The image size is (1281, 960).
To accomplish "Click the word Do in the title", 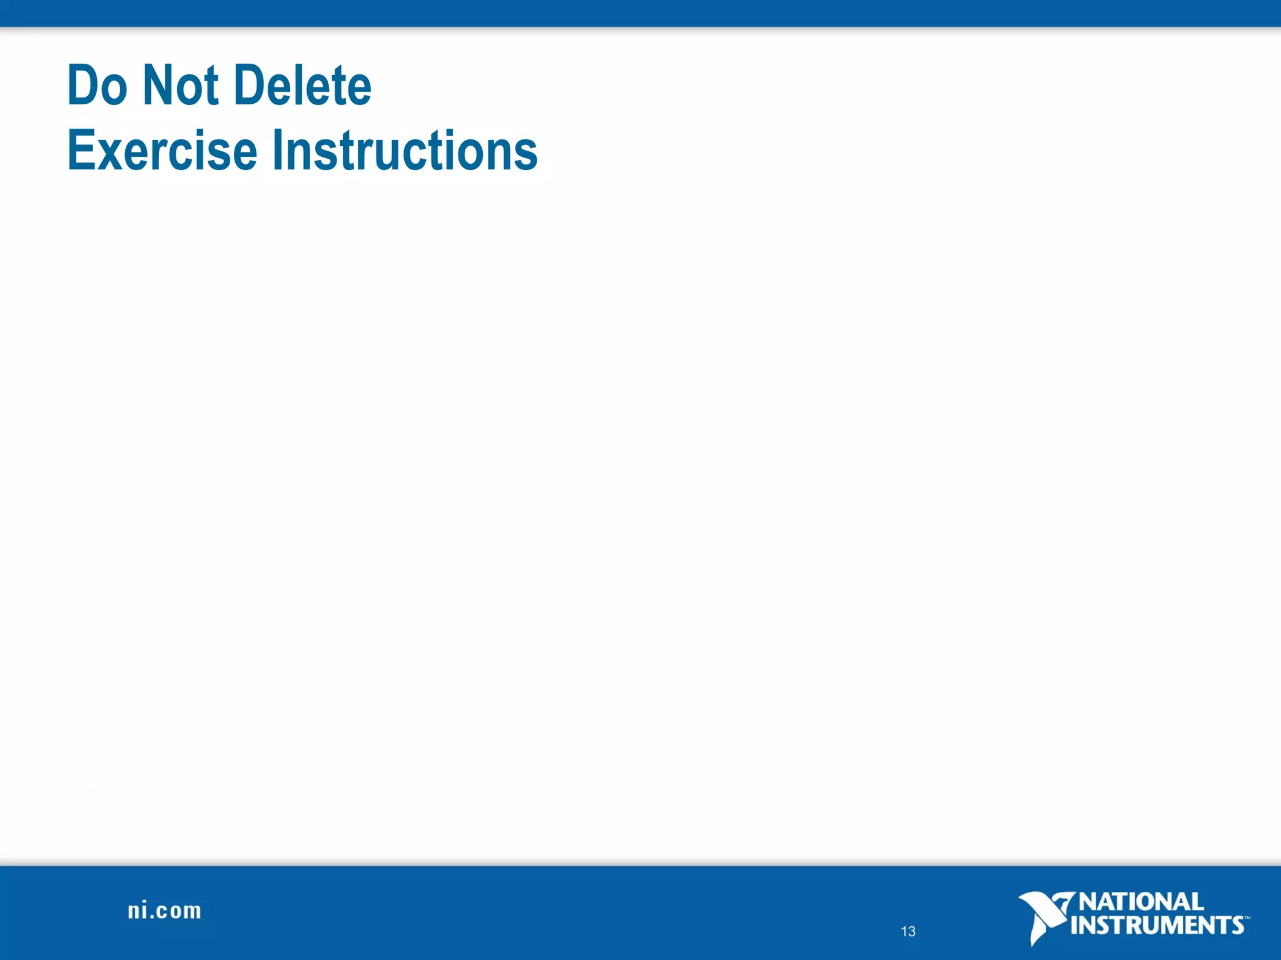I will [x=97, y=86].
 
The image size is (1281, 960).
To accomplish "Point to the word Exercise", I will [x=162, y=151].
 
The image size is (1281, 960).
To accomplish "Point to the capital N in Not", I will [x=156, y=86].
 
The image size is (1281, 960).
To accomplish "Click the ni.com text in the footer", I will [x=165, y=911].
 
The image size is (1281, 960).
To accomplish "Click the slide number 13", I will [x=908, y=932].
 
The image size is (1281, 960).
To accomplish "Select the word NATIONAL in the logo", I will [x=1142, y=902].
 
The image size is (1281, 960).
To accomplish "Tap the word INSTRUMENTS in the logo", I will [x=1157, y=926].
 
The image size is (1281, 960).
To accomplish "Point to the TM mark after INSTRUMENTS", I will [x=1247, y=918].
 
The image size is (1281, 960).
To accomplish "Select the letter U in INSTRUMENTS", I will [x=1160, y=926].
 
